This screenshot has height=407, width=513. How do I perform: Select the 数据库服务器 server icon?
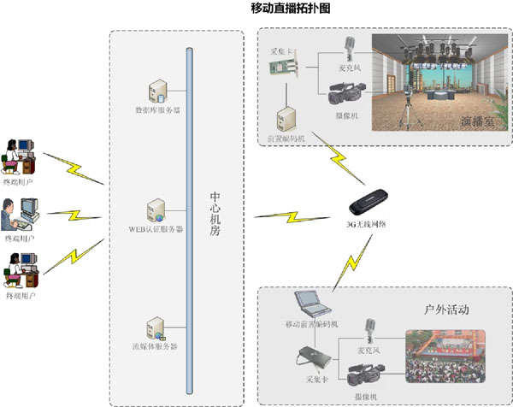(158, 89)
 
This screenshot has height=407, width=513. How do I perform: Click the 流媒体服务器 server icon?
(156, 328)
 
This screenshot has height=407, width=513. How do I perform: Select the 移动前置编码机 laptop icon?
(309, 304)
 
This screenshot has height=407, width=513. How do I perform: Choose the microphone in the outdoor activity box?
(371, 332)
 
